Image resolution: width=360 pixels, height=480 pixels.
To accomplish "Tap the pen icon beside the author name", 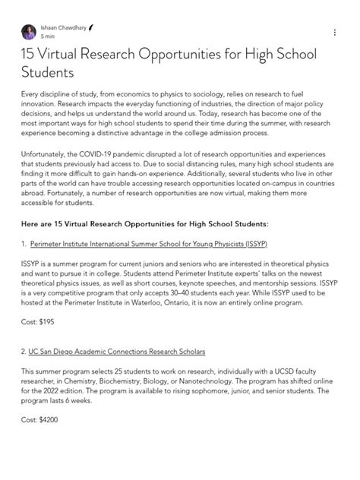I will tap(91, 27).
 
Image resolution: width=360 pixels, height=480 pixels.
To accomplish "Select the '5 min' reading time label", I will tap(49, 36).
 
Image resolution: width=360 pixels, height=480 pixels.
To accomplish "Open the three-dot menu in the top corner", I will tap(334, 32).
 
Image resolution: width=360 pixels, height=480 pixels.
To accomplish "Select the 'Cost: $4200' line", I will tap(41, 419).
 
